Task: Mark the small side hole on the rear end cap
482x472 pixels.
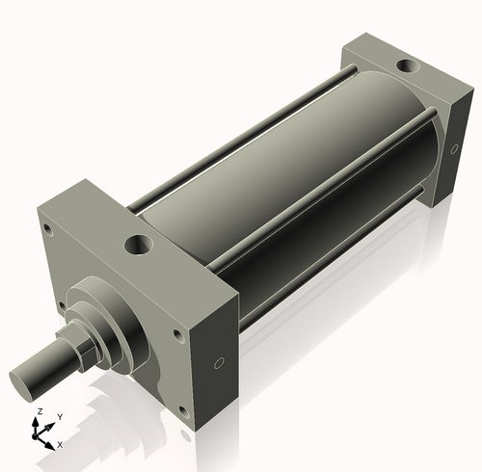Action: click(x=454, y=150)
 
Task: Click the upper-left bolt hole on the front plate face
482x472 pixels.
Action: click(x=44, y=228)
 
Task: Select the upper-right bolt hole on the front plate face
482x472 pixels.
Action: click(x=178, y=336)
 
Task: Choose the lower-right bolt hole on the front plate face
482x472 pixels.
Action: click(x=180, y=414)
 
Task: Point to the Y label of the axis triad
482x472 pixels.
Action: click(x=59, y=416)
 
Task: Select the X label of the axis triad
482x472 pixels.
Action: click(x=60, y=444)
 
